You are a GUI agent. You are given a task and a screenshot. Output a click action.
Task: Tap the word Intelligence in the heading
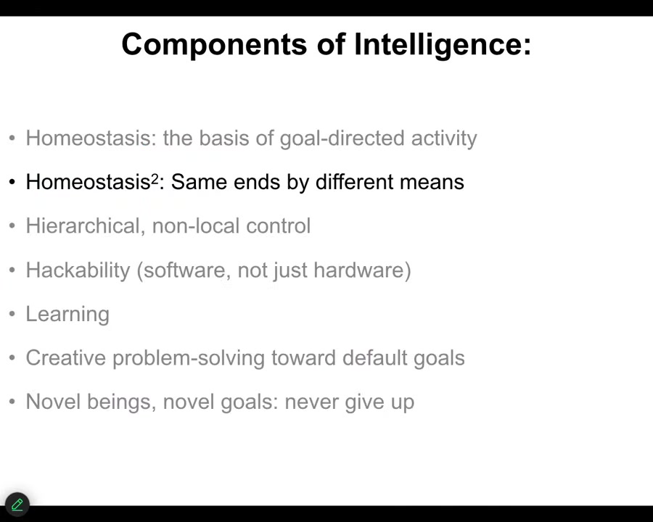click(443, 44)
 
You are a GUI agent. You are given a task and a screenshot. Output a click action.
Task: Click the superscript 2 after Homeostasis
click(155, 178)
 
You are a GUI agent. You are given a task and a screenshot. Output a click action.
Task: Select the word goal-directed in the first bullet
click(342, 138)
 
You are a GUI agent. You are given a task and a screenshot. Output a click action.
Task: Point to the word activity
click(444, 138)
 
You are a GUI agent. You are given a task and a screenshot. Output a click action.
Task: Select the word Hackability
click(78, 270)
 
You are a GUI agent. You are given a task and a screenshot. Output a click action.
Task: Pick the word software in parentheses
click(184, 270)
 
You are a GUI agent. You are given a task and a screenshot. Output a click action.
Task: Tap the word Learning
click(67, 314)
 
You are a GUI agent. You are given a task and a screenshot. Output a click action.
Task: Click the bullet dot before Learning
click(12, 314)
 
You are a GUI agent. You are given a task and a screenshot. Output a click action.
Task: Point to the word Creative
click(66, 358)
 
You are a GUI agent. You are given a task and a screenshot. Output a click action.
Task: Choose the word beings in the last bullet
click(122, 402)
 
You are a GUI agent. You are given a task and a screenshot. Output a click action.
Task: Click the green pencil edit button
click(17, 505)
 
